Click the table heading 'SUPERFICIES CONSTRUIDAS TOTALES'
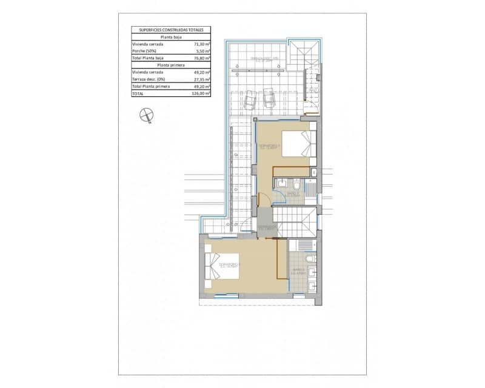coord(171,29)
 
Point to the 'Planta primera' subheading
coord(171,65)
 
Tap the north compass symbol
coord(145,115)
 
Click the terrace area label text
coord(266,59)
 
